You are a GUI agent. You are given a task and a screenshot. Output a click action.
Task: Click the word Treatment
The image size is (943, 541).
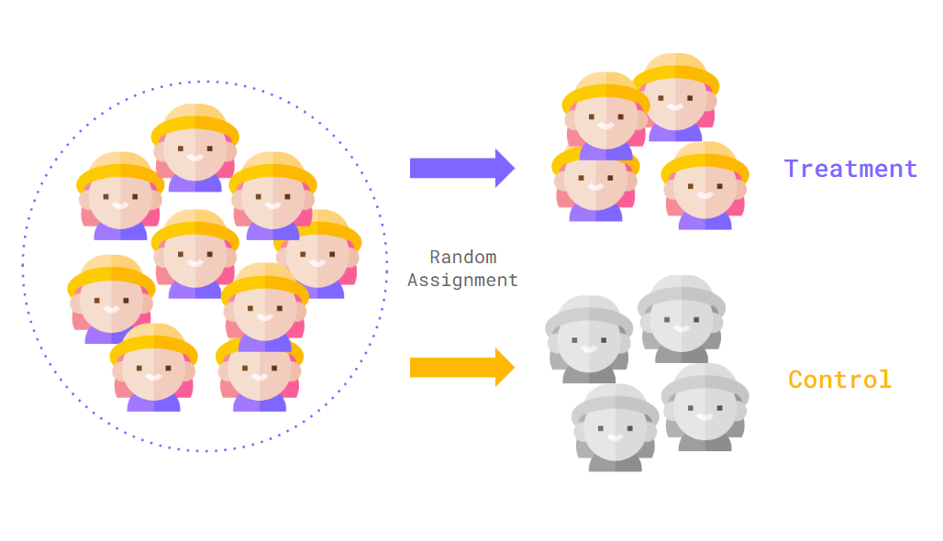(x=850, y=169)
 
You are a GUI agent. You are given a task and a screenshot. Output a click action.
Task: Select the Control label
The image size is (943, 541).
(x=839, y=380)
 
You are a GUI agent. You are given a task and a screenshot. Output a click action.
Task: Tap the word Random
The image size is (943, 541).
(x=462, y=258)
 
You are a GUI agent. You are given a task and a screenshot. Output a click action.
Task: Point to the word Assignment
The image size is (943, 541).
(x=462, y=281)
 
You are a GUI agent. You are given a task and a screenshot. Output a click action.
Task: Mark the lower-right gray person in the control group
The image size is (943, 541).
(x=705, y=409)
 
